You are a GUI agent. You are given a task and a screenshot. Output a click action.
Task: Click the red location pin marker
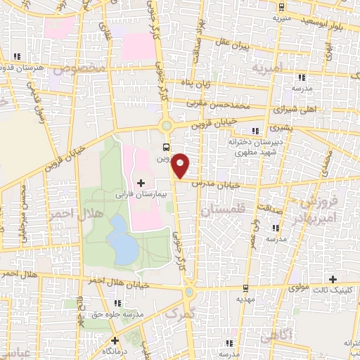pos(181,165)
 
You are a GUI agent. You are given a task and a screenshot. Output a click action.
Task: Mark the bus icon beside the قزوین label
pos(166,147)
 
